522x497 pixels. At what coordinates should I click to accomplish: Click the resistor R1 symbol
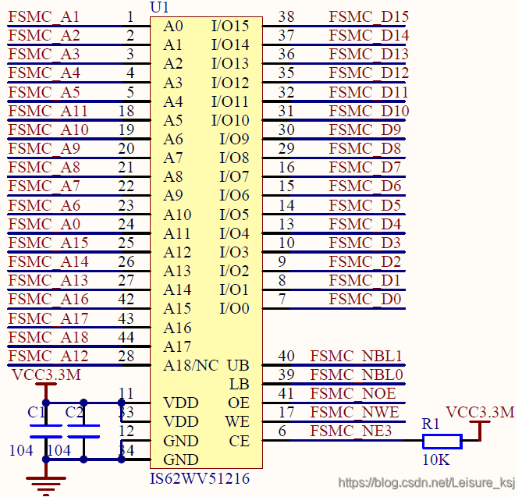click(x=442, y=441)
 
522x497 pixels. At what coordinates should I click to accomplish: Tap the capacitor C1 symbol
click(x=46, y=431)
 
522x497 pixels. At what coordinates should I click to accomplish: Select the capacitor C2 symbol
click(x=83, y=431)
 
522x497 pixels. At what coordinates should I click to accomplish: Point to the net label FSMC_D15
click(x=369, y=16)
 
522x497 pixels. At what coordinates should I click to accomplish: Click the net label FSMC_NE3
click(x=351, y=431)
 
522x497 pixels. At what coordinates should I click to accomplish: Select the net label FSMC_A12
click(x=48, y=357)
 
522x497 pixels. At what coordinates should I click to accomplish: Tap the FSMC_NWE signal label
click(x=354, y=413)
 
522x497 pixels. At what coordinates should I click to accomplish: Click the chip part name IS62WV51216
click(x=200, y=479)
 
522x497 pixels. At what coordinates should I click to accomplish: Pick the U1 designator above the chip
click(x=159, y=7)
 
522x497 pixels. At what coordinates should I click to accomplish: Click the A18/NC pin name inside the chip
click(x=191, y=365)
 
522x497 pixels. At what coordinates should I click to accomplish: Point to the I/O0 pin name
click(x=234, y=309)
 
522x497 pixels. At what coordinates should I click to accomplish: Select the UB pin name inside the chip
click(x=238, y=365)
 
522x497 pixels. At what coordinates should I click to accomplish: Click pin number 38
click(x=286, y=16)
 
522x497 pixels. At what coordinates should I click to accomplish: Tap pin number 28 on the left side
click(x=126, y=357)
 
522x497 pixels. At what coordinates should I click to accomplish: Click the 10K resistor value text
click(x=436, y=460)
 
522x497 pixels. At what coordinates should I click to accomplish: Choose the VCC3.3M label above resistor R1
click(x=480, y=413)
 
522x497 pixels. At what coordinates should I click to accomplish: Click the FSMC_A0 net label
click(x=44, y=225)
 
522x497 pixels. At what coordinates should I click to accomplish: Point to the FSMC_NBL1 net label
click(x=357, y=357)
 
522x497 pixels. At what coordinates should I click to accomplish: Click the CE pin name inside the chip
click(x=239, y=442)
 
